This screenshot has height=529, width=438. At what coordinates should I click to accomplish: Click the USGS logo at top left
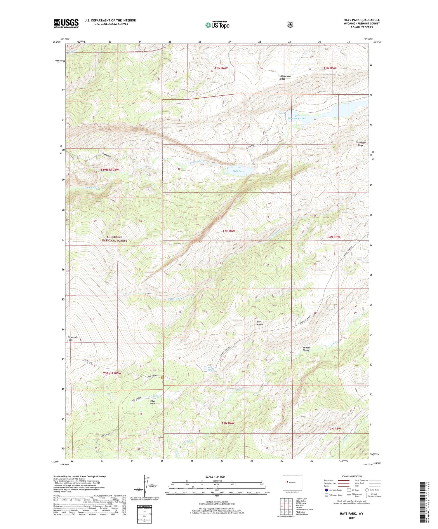point(66,23)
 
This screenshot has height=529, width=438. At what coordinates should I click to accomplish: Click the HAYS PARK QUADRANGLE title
point(361,20)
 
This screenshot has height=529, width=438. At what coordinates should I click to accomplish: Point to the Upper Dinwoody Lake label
point(297,117)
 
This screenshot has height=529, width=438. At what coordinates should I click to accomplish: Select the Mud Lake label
point(239,171)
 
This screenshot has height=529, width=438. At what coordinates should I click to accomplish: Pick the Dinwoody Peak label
point(72,338)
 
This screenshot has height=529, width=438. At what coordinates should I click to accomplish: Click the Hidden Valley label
point(307,349)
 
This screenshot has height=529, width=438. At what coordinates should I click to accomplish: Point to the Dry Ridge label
point(260,323)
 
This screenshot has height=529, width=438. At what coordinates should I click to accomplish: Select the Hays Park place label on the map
point(152,402)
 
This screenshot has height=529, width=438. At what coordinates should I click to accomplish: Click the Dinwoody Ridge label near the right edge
point(360,144)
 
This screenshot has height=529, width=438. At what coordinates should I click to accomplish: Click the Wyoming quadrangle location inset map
point(292,482)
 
